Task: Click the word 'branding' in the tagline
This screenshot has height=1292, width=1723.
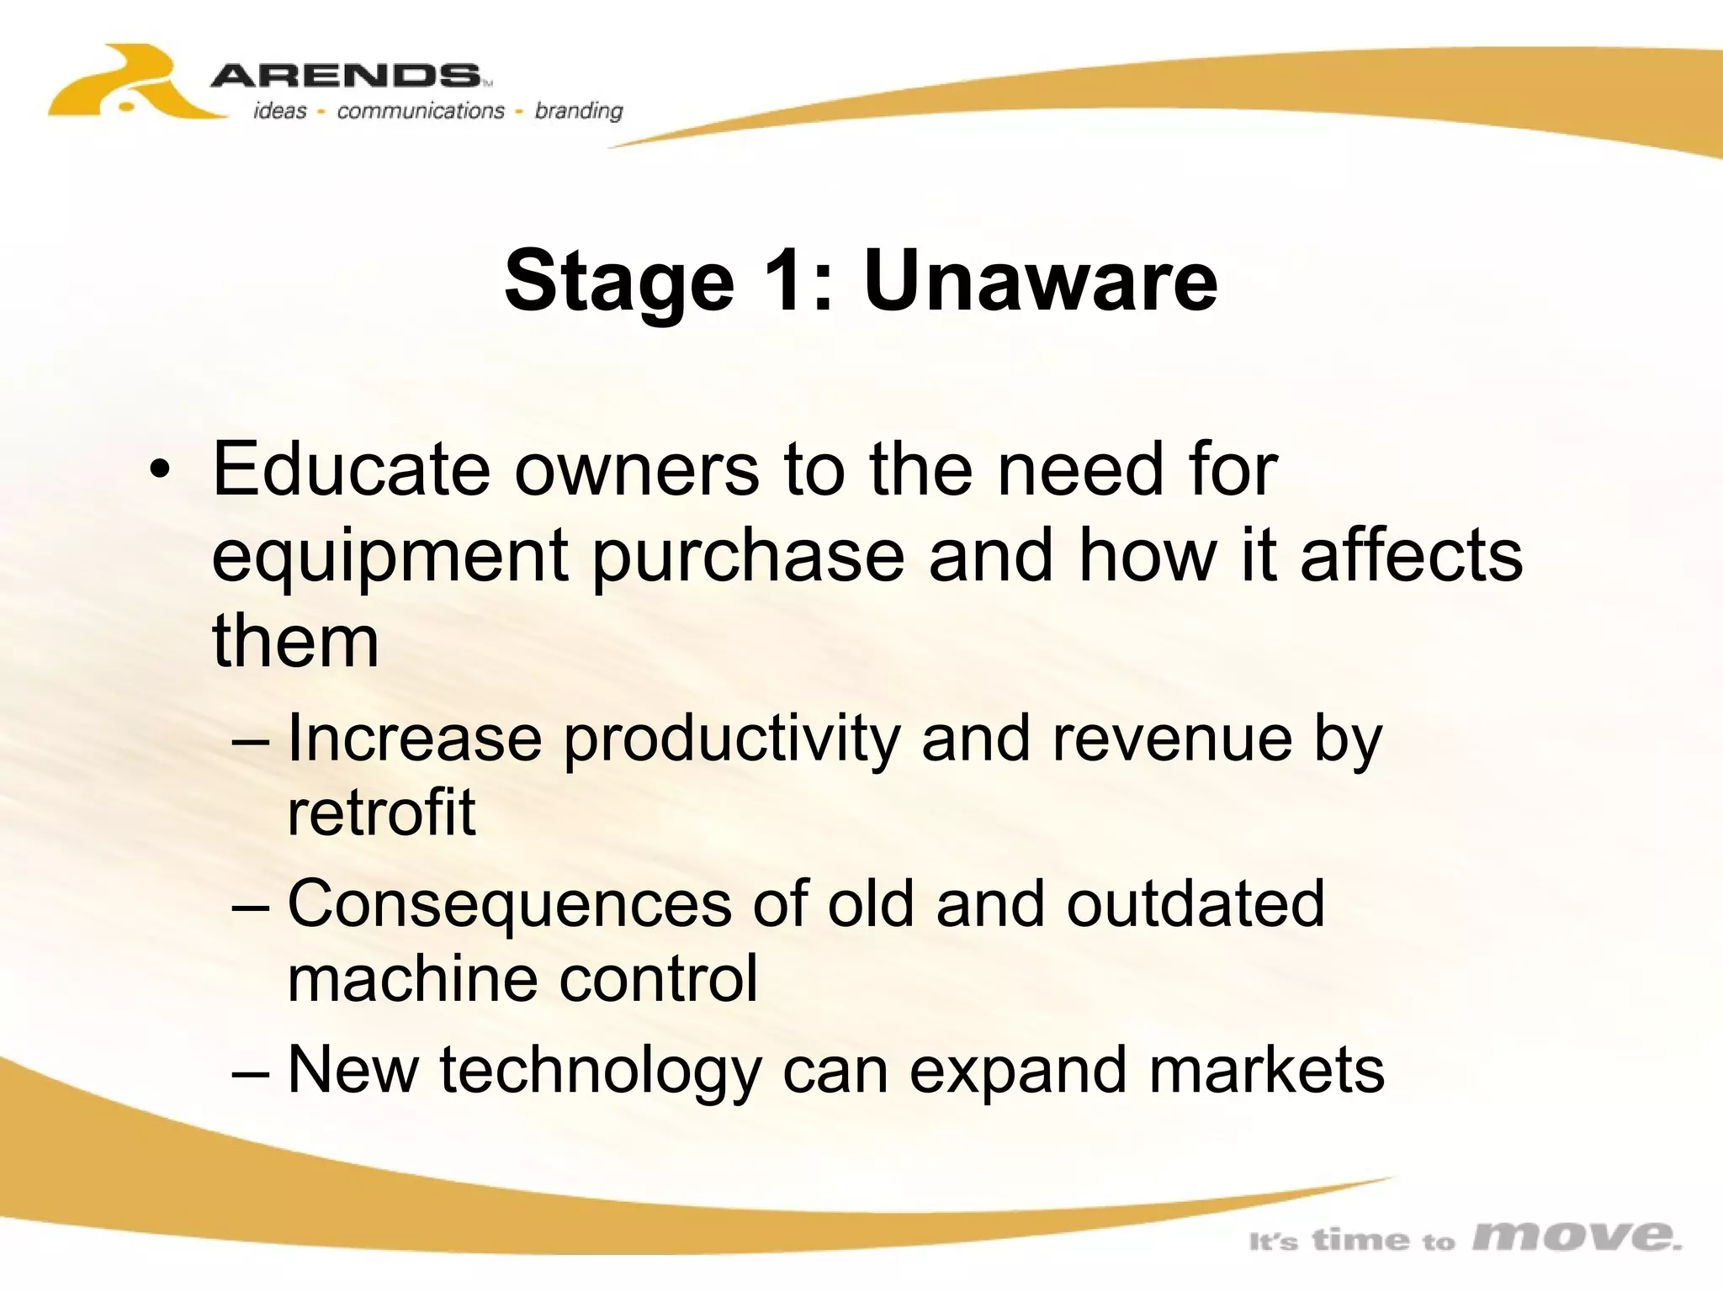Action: (579, 111)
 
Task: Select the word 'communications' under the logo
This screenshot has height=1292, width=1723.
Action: (420, 111)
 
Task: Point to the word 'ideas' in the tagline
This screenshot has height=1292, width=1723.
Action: (280, 111)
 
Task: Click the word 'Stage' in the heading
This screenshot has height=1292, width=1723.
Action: (619, 283)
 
